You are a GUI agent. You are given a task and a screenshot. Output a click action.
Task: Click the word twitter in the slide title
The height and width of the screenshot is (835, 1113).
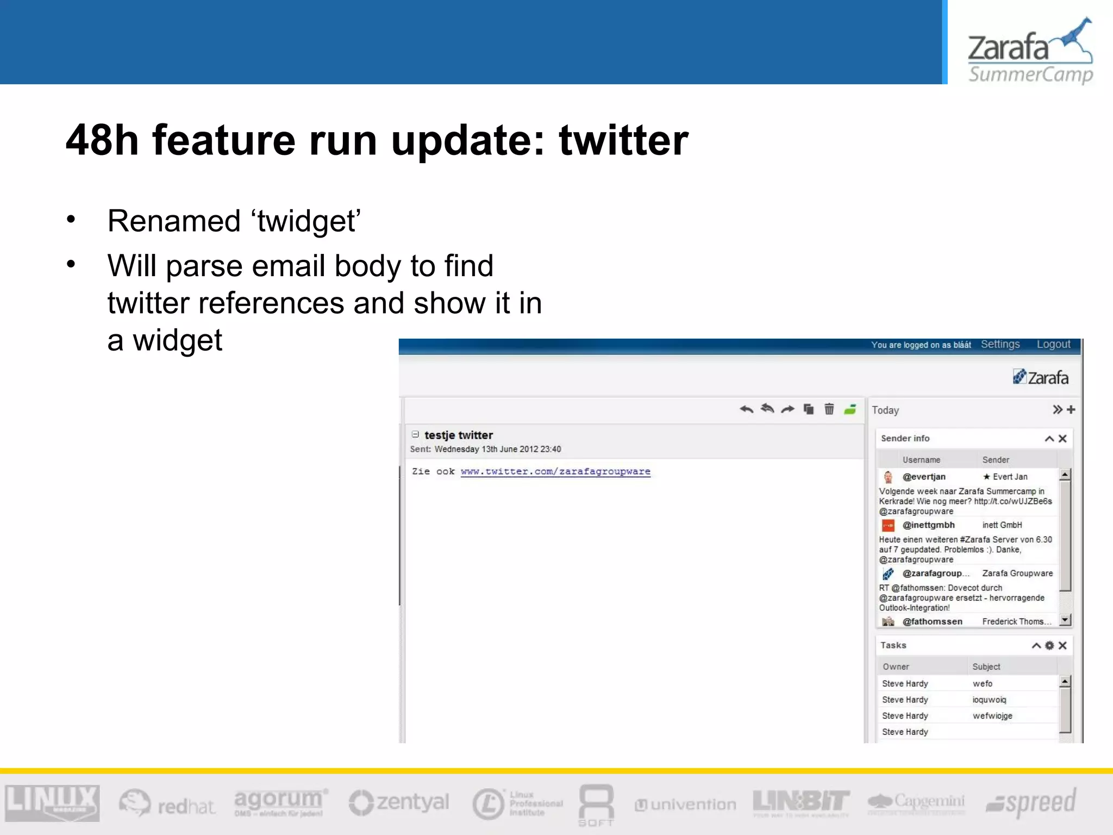[x=623, y=140]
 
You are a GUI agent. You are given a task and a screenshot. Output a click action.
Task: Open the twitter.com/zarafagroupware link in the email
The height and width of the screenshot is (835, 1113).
[x=555, y=471]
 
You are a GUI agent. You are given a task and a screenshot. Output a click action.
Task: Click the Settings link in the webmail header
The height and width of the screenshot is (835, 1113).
[x=1000, y=345]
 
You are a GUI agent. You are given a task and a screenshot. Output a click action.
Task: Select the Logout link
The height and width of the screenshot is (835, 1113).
[x=1053, y=345]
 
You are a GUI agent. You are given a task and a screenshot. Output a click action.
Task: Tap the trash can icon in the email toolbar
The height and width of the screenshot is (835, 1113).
[x=829, y=409]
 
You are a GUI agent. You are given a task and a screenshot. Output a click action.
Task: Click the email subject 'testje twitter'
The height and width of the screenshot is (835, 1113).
[x=458, y=435]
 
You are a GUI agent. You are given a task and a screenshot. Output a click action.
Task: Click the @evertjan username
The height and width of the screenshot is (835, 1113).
[x=924, y=477]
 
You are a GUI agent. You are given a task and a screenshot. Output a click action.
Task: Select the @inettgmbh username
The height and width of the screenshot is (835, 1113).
[x=928, y=525]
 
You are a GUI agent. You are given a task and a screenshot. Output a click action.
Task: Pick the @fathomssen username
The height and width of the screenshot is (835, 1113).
[x=932, y=621]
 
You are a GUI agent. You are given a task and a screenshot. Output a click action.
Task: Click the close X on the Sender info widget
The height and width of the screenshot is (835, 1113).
[x=1062, y=439]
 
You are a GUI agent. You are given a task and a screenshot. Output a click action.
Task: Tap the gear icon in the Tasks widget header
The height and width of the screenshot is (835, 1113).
[x=1049, y=645]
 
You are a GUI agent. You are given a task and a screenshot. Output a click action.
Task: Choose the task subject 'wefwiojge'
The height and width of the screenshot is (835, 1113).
[x=992, y=716]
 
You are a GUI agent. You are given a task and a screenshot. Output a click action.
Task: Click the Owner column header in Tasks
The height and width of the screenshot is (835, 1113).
[x=896, y=666]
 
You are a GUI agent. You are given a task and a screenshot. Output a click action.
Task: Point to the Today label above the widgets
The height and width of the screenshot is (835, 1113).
[x=885, y=410]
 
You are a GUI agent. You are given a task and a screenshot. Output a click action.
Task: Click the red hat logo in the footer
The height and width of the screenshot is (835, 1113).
[x=167, y=803]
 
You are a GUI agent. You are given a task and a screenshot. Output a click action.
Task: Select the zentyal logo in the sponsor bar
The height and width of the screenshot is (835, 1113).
[x=399, y=803]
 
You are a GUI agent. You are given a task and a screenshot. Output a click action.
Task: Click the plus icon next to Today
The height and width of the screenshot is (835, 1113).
[x=1071, y=409]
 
